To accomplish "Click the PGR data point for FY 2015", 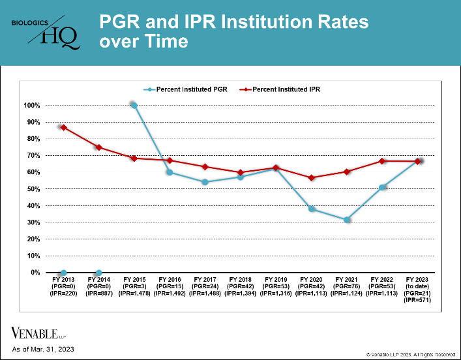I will [134, 105].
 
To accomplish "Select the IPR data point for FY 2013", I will [63, 127].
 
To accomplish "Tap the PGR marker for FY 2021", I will [348, 220].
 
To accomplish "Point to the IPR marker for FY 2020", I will [312, 178].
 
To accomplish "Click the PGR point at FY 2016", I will [170, 172].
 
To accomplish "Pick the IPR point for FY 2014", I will [98, 147].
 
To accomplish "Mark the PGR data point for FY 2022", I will [383, 187].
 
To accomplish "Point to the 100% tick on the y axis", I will [32, 106].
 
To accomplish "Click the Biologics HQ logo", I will [46, 33].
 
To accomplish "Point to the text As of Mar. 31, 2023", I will [44, 350].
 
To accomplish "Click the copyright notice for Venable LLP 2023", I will [411, 353].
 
